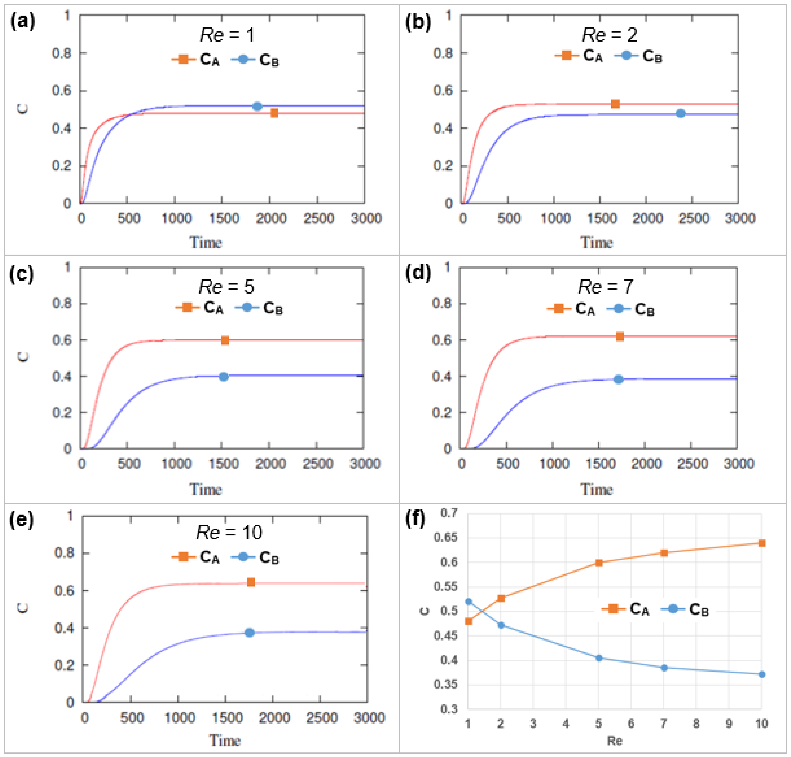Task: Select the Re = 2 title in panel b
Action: pyautogui.click(x=609, y=35)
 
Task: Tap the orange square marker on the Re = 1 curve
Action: pyautogui.click(x=274, y=113)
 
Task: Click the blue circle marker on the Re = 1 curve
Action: pyautogui.click(x=257, y=107)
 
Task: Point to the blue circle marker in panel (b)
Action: pyautogui.click(x=680, y=113)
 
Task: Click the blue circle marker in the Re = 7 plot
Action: pyautogui.click(x=618, y=379)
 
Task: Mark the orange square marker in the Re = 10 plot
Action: pyautogui.click(x=251, y=582)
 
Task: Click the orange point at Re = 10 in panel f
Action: pyautogui.click(x=762, y=543)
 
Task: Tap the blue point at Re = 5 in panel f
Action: pyautogui.click(x=599, y=658)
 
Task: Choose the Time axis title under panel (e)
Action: pyautogui.click(x=225, y=741)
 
